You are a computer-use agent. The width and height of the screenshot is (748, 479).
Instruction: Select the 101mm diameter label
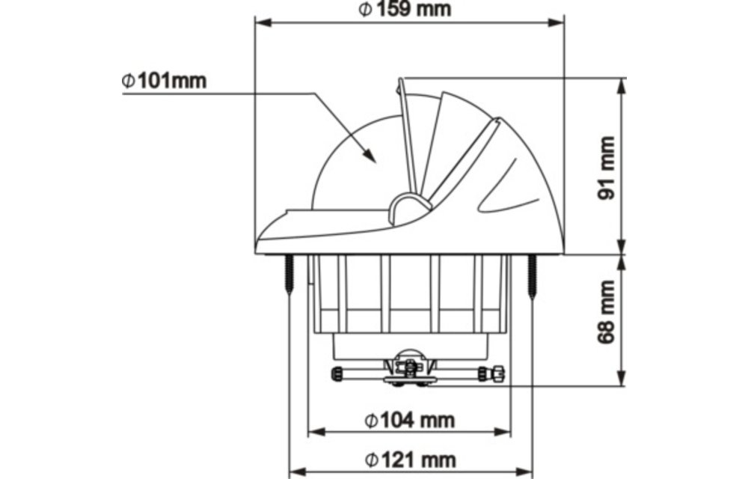tap(165, 80)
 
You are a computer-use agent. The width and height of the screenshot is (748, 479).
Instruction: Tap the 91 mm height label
tap(608, 166)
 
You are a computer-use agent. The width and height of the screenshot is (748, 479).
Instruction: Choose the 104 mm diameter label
tap(410, 421)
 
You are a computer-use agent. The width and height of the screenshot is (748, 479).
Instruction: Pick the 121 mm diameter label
tap(410, 459)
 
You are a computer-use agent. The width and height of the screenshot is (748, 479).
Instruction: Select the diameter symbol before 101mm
tap(129, 80)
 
